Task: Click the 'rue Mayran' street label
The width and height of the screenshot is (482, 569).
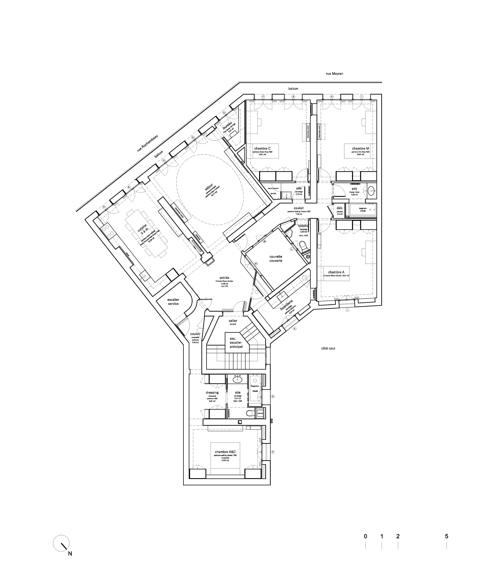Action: click(334, 74)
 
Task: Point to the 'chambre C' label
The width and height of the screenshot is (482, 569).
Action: click(262, 148)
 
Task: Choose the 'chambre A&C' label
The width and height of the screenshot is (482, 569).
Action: click(225, 452)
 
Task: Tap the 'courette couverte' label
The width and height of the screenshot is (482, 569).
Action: click(276, 259)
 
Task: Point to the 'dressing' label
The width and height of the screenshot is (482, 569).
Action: click(212, 392)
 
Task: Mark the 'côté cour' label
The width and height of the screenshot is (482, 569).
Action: click(328, 348)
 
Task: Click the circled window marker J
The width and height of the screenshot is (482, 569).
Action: click(347, 310)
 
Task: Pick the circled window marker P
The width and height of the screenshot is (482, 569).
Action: click(272, 452)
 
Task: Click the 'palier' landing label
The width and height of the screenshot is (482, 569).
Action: click(233, 321)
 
